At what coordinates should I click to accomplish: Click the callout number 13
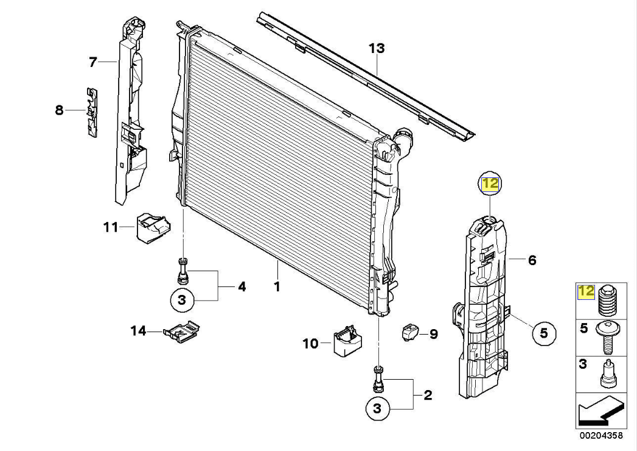[377, 48]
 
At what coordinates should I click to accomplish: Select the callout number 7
[93, 62]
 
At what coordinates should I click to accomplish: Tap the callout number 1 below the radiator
[277, 285]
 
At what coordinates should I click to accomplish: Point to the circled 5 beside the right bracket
[544, 333]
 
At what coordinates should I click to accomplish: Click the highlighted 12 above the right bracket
[490, 183]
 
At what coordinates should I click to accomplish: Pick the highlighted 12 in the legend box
[586, 291]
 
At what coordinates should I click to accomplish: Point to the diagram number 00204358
[600, 436]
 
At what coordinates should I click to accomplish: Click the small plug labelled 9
[410, 333]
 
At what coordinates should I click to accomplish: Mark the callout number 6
[532, 261]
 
